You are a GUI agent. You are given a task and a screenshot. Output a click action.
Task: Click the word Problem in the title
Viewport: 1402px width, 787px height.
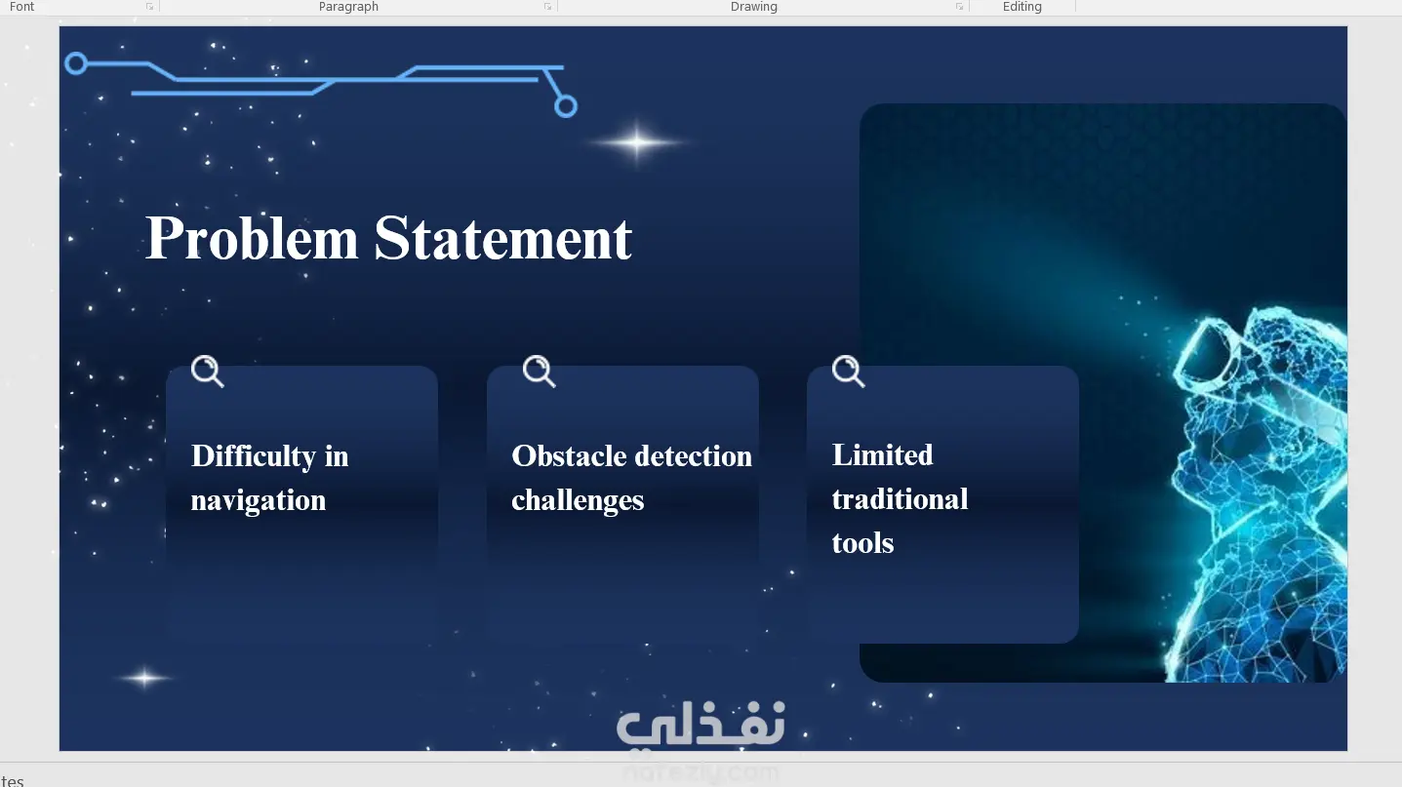pos(252,238)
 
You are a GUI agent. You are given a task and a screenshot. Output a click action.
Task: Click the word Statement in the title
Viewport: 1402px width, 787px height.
pos(503,238)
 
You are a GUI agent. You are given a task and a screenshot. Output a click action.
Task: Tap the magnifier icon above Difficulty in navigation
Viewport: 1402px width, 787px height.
pos(207,372)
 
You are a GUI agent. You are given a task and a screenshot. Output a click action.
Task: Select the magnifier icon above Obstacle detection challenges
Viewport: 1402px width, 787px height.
pos(539,372)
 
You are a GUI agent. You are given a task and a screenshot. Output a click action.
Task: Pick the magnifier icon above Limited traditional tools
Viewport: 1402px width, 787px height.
pos(848,372)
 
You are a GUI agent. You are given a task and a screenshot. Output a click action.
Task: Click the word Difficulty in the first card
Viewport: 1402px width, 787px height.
pos(254,456)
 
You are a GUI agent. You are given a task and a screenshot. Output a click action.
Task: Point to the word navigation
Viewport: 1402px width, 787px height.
pos(259,501)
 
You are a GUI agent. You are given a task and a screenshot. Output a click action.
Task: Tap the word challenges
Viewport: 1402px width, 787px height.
pos(578,501)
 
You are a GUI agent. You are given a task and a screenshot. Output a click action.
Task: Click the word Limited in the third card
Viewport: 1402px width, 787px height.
pos(883,454)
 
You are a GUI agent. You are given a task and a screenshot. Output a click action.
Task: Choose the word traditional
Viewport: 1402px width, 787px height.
pos(901,499)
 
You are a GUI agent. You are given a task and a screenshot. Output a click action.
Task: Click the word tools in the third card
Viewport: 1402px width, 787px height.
pos(862,543)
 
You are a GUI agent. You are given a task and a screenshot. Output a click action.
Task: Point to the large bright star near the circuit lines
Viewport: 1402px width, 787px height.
pos(636,142)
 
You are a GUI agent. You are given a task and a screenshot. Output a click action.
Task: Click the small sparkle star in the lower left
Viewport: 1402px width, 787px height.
pos(144,678)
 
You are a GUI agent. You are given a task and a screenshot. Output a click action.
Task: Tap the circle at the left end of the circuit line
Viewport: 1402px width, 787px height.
pos(76,63)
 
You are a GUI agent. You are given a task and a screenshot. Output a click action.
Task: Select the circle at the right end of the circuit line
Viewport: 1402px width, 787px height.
pos(566,106)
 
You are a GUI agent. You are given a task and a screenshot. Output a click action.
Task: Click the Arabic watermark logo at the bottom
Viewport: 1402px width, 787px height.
pos(701,725)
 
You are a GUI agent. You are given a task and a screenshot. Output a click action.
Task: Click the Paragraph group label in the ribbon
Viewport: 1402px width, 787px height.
pos(348,7)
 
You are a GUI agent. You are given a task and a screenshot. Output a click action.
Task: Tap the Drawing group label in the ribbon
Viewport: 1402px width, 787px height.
pos(753,7)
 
